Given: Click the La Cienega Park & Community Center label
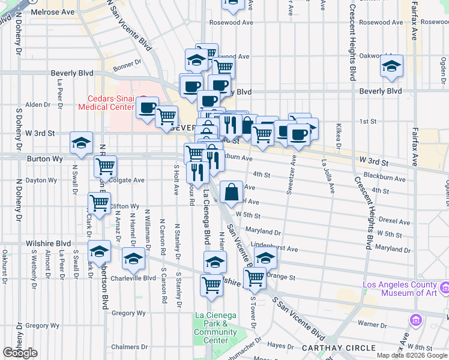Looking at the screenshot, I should coord(215,328).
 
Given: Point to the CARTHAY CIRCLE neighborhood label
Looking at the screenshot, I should coord(330,348).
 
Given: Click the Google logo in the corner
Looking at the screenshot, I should coord(20,353).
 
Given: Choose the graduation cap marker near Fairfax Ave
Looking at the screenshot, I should coord(391,67).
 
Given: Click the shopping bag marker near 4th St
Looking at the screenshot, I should coord(231,193).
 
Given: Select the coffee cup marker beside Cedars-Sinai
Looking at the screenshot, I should coord(147,109).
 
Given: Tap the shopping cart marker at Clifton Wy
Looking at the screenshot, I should coord(99,203).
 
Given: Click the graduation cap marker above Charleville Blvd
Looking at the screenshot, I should coord(133,259).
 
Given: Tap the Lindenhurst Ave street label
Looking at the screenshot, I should coord(275,248).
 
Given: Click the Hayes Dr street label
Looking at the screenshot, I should coord(280,345).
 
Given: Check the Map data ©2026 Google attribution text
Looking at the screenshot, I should coord(412,355).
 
